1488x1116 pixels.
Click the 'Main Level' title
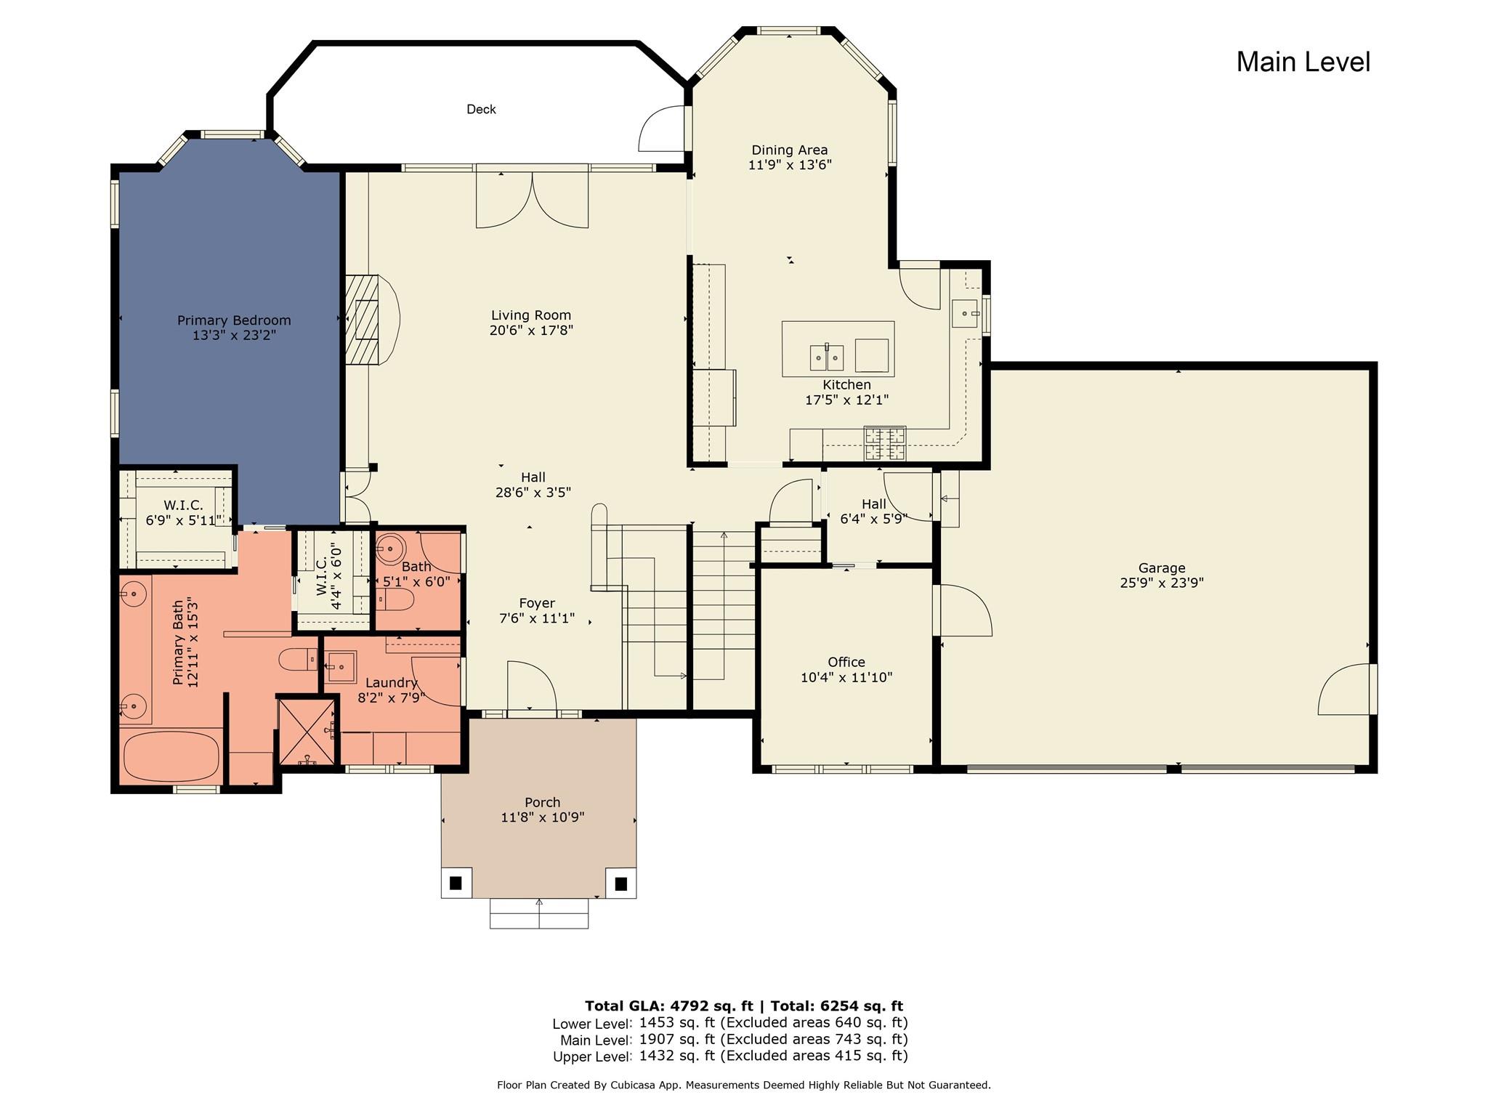(1303, 62)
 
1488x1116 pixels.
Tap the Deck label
(481, 109)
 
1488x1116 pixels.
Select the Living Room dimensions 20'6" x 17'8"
(532, 331)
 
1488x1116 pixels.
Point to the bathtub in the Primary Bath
(171, 756)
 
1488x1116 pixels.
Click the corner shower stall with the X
(307, 732)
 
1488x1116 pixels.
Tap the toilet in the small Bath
(395, 599)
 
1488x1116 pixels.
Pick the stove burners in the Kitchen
(885, 443)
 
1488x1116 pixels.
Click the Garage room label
(1162, 568)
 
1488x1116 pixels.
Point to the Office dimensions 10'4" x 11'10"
(846, 678)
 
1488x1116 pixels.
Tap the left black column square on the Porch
(456, 883)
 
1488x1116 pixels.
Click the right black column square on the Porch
(621, 883)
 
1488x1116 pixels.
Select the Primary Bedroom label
(234, 320)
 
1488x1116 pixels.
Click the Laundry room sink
(340, 667)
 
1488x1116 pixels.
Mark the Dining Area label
(790, 150)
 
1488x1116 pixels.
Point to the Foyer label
(537, 603)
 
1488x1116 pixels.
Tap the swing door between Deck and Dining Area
(662, 129)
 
